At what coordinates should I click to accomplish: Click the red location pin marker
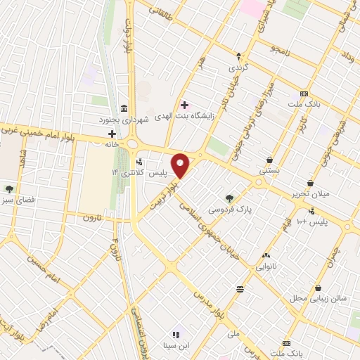(x=181, y=165)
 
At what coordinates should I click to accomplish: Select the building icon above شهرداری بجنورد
(x=124, y=108)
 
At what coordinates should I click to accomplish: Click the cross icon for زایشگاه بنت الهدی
(x=184, y=105)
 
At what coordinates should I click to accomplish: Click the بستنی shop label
(x=270, y=171)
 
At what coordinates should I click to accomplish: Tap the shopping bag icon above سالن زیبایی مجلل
(x=319, y=287)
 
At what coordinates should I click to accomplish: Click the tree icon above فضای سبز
(x=9, y=188)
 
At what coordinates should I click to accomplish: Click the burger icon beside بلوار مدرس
(x=240, y=288)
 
